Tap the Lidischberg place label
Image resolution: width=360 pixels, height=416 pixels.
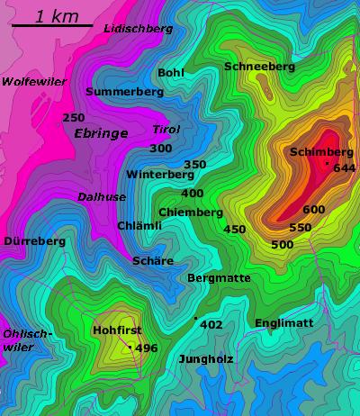pos(138,29)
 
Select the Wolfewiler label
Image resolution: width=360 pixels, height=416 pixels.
pos(34,81)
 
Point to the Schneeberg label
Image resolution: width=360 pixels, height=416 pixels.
pos(259,67)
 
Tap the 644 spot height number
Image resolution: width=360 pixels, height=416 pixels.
pos(345,167)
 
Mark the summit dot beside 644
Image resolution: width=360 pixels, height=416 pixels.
pos(327,164)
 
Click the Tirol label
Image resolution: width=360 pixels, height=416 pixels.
pos(166,129)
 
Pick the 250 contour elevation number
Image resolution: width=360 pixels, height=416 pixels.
pos(74,117)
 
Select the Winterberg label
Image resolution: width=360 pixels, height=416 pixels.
pos(160,174)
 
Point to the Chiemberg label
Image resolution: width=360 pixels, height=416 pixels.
pos(190,213)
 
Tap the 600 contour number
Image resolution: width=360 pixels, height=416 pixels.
pos(314,209)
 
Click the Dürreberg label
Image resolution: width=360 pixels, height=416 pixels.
pos(35,241)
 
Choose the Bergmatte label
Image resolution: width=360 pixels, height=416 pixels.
pos(219,278)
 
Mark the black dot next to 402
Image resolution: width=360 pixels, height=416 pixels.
pos(195,318)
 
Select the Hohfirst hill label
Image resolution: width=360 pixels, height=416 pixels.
pos(116,330)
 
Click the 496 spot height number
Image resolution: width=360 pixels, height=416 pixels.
pos(146,348)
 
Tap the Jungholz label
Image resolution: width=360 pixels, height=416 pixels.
pos(206,358)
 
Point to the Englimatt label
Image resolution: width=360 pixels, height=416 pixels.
pos(283,322)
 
